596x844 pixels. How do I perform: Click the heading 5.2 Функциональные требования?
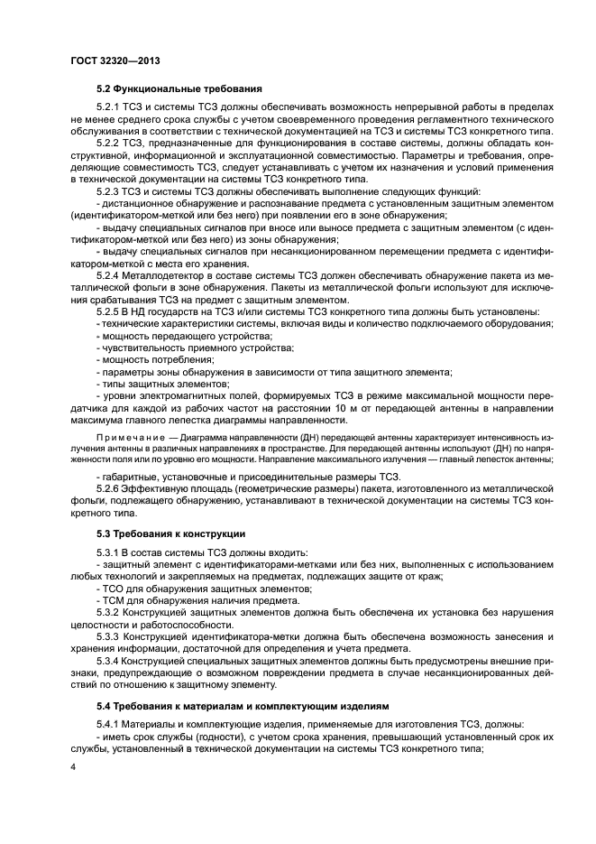pos(179,88)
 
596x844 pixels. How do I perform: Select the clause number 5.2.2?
pos(110,144)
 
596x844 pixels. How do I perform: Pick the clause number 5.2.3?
pos(110,192)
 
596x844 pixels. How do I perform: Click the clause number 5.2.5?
pos(110,311)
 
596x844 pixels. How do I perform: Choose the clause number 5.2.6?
pos(110,488)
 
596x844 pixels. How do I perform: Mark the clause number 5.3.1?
pos(110,552)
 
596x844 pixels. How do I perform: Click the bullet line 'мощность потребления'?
pos(144,359)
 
